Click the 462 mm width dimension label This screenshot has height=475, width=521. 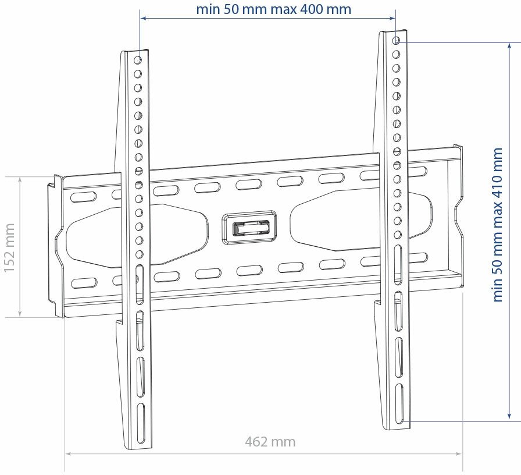270,442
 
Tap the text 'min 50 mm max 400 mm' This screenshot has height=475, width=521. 273,9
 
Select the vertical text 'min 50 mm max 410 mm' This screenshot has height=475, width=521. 498,225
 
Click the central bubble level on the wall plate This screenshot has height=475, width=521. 249,226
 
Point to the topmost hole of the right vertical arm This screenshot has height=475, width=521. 396,41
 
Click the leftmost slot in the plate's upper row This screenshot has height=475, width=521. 84,197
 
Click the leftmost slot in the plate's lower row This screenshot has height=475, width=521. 84,283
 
